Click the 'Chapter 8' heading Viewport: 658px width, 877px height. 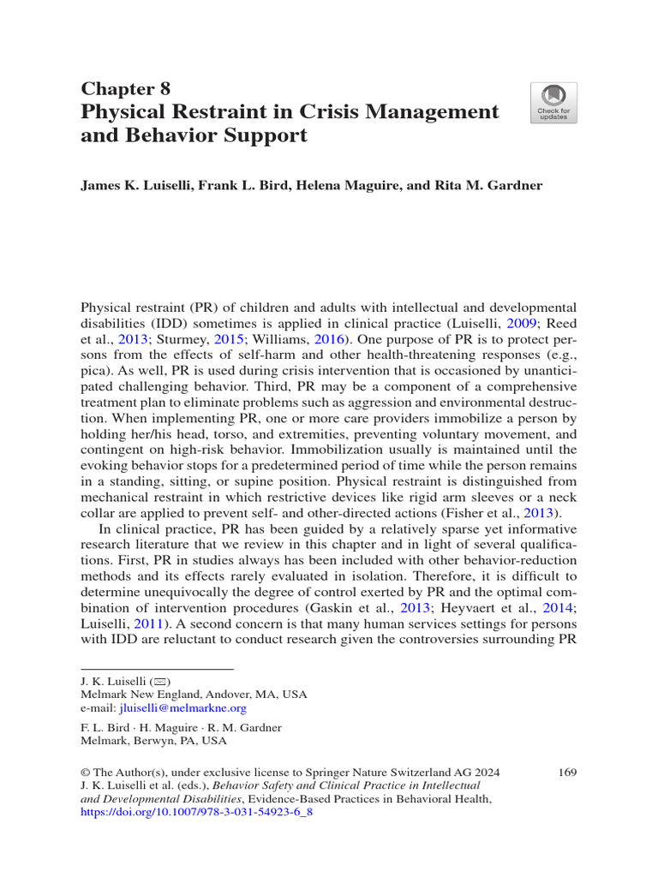(x=125, y=88)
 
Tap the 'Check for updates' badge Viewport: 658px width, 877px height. (x=553, y=103)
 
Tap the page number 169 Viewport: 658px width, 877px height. (x=566, y=772)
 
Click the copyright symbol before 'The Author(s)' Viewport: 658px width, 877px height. (x=85, y=772)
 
